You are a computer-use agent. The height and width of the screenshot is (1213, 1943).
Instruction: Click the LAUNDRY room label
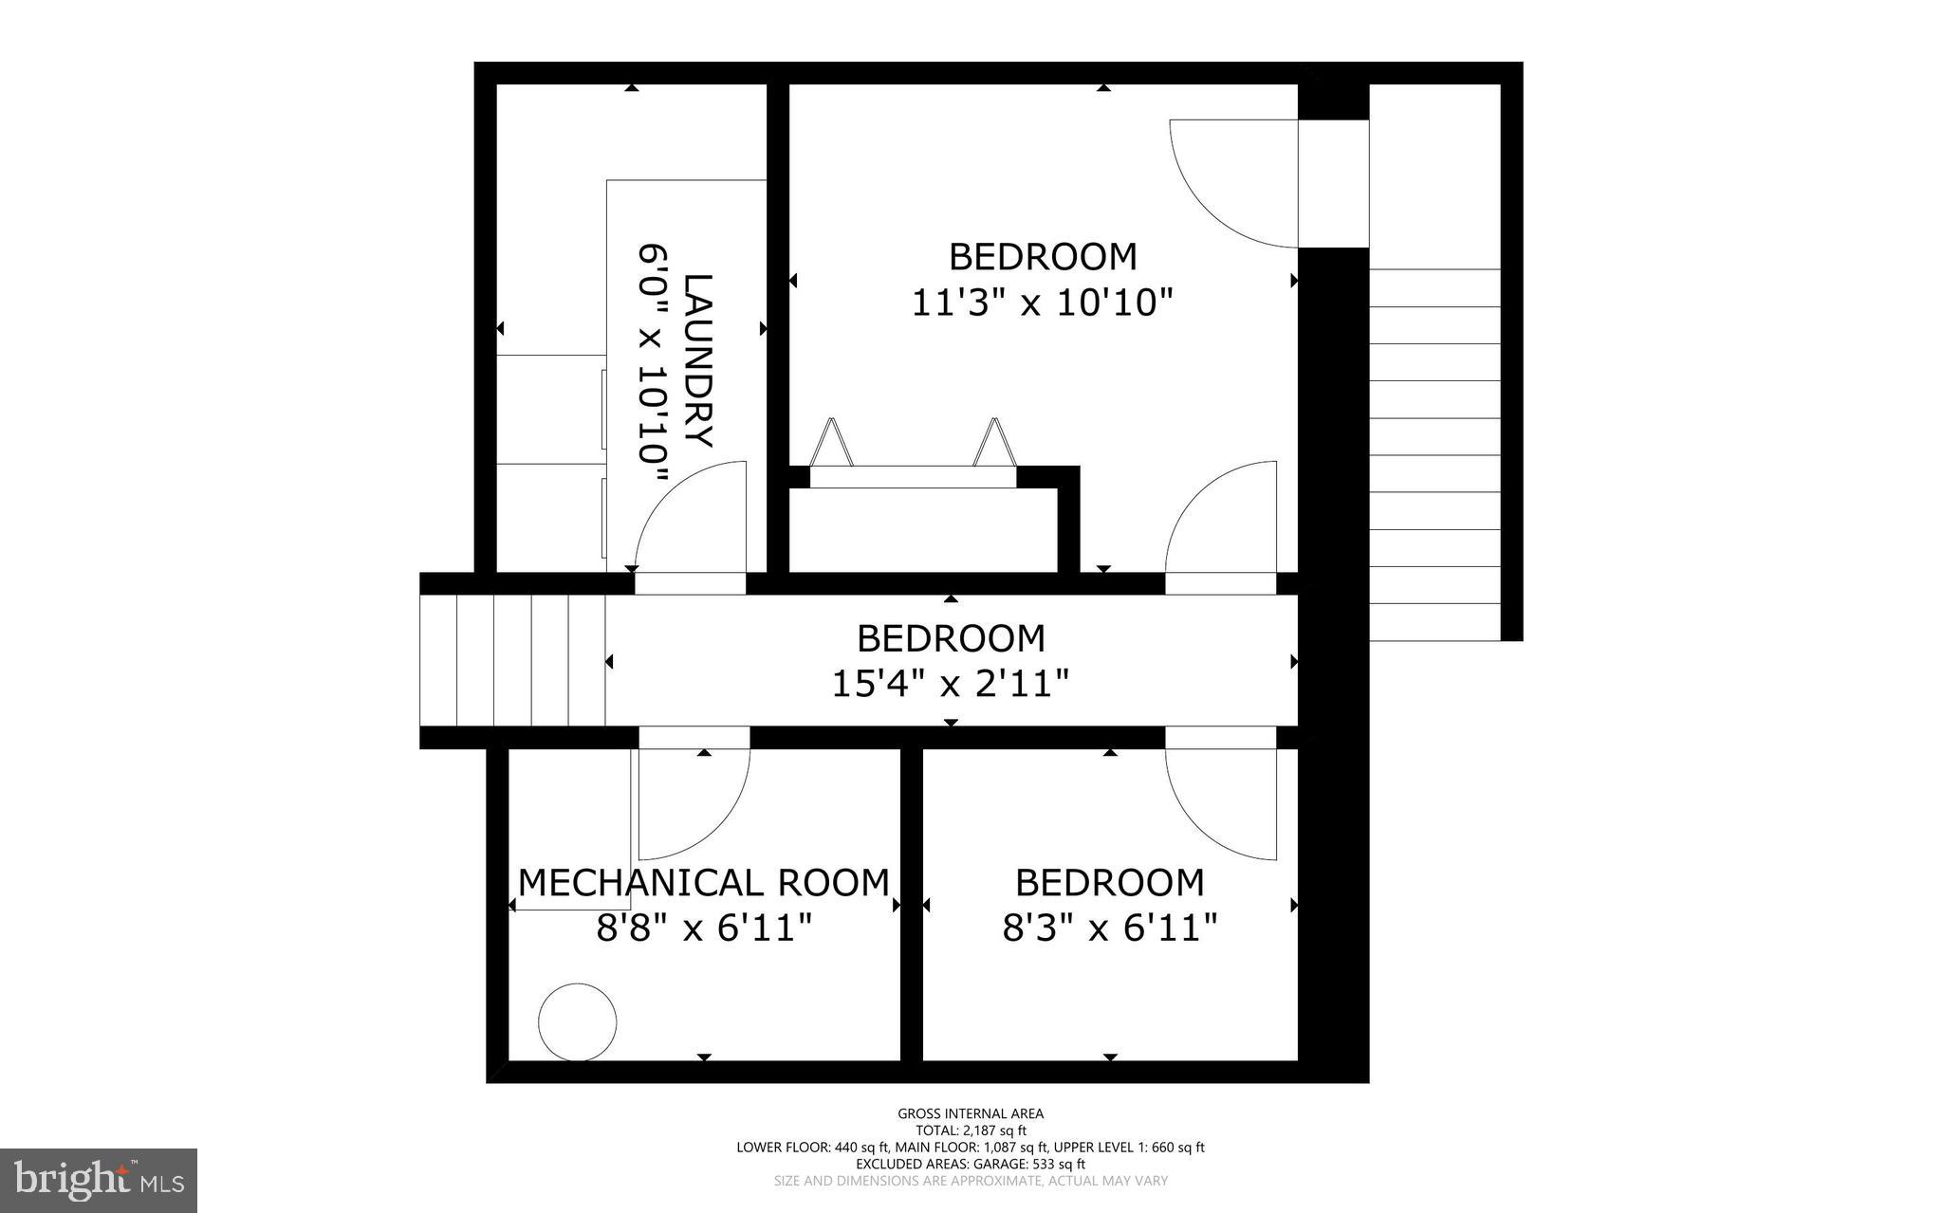pos(698,360)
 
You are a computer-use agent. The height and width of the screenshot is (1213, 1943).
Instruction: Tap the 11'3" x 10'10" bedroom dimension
pos(1042,303)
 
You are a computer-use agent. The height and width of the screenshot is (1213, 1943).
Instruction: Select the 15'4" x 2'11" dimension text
pos(951,683)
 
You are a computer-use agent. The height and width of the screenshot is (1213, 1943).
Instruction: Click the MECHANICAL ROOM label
pos(703,883)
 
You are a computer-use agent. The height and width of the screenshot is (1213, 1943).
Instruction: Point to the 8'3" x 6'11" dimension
pos(1109,928)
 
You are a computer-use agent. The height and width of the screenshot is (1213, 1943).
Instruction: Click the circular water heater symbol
pos(577,1022)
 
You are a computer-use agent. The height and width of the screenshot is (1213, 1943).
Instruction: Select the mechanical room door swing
pos(694,802)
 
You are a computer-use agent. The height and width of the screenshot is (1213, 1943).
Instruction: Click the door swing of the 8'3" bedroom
pos(1222,802)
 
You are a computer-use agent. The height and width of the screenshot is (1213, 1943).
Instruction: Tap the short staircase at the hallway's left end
pos(512,660)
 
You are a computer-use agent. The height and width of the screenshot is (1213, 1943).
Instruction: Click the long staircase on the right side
pos(1434,455)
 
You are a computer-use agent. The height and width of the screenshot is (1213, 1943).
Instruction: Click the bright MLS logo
pos(99,1180)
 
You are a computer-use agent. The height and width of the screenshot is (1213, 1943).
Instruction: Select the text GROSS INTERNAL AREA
pos(971,1113)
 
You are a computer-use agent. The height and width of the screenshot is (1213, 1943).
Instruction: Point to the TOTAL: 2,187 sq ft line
pos(971,1130)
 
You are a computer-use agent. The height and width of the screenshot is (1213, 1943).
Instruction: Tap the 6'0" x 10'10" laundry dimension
pos(654,364)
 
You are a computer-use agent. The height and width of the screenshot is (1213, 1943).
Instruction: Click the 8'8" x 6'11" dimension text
pos(703,928)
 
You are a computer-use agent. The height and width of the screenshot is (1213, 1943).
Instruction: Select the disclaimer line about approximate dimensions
pos(971,1182)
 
